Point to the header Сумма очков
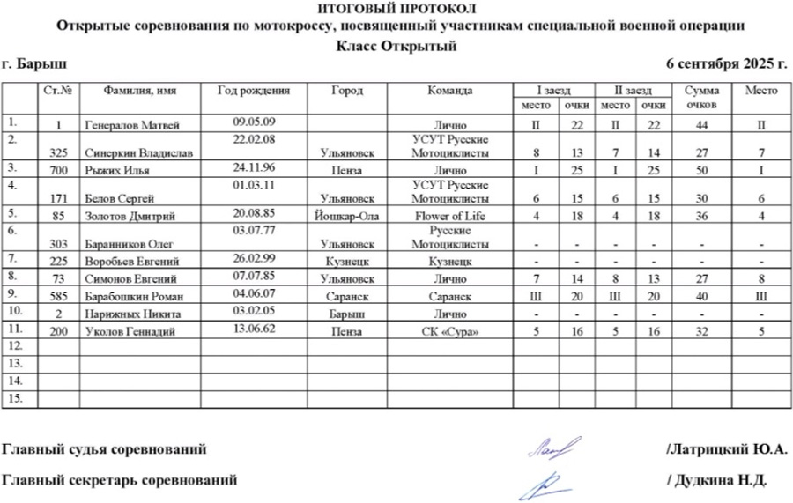[x=701, y=97]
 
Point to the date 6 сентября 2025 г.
[x=726, y=64]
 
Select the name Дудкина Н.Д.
[x=719, y=480]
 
